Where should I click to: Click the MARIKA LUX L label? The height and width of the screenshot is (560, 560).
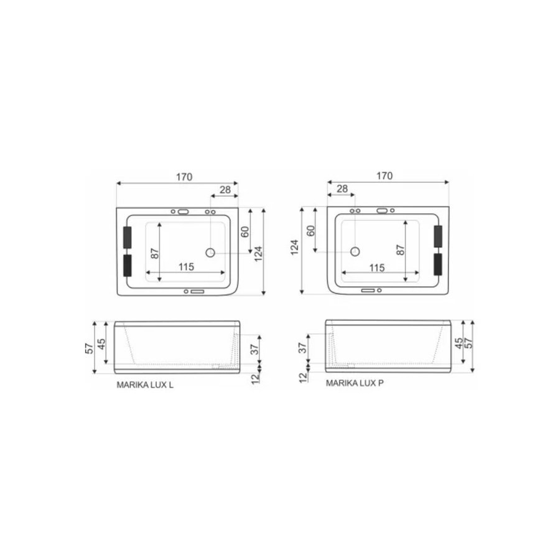tap(145, 385)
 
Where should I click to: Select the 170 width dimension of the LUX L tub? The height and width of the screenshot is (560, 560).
tap(184, 177)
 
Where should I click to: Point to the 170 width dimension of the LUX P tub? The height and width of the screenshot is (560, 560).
tap(385, 176)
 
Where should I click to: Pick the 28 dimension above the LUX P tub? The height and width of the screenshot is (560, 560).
tap(342, 189)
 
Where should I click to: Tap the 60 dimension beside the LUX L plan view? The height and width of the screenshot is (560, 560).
tap(245, 231)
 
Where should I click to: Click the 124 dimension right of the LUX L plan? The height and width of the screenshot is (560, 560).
tap(258, 250)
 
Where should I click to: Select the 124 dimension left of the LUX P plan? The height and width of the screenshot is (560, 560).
tap(295, 249)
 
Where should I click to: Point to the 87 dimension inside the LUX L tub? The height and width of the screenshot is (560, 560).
tap(155, 253)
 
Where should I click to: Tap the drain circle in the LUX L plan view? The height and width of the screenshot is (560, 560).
tap(210, 253)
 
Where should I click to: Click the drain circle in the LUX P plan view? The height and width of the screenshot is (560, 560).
tap(355, 252)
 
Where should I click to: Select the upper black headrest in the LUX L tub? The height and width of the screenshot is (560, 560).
tap(128, 237)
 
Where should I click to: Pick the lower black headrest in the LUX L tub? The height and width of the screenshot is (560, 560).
tap(128, 265)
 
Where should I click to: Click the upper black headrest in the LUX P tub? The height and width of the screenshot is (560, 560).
tap(437, 237)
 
